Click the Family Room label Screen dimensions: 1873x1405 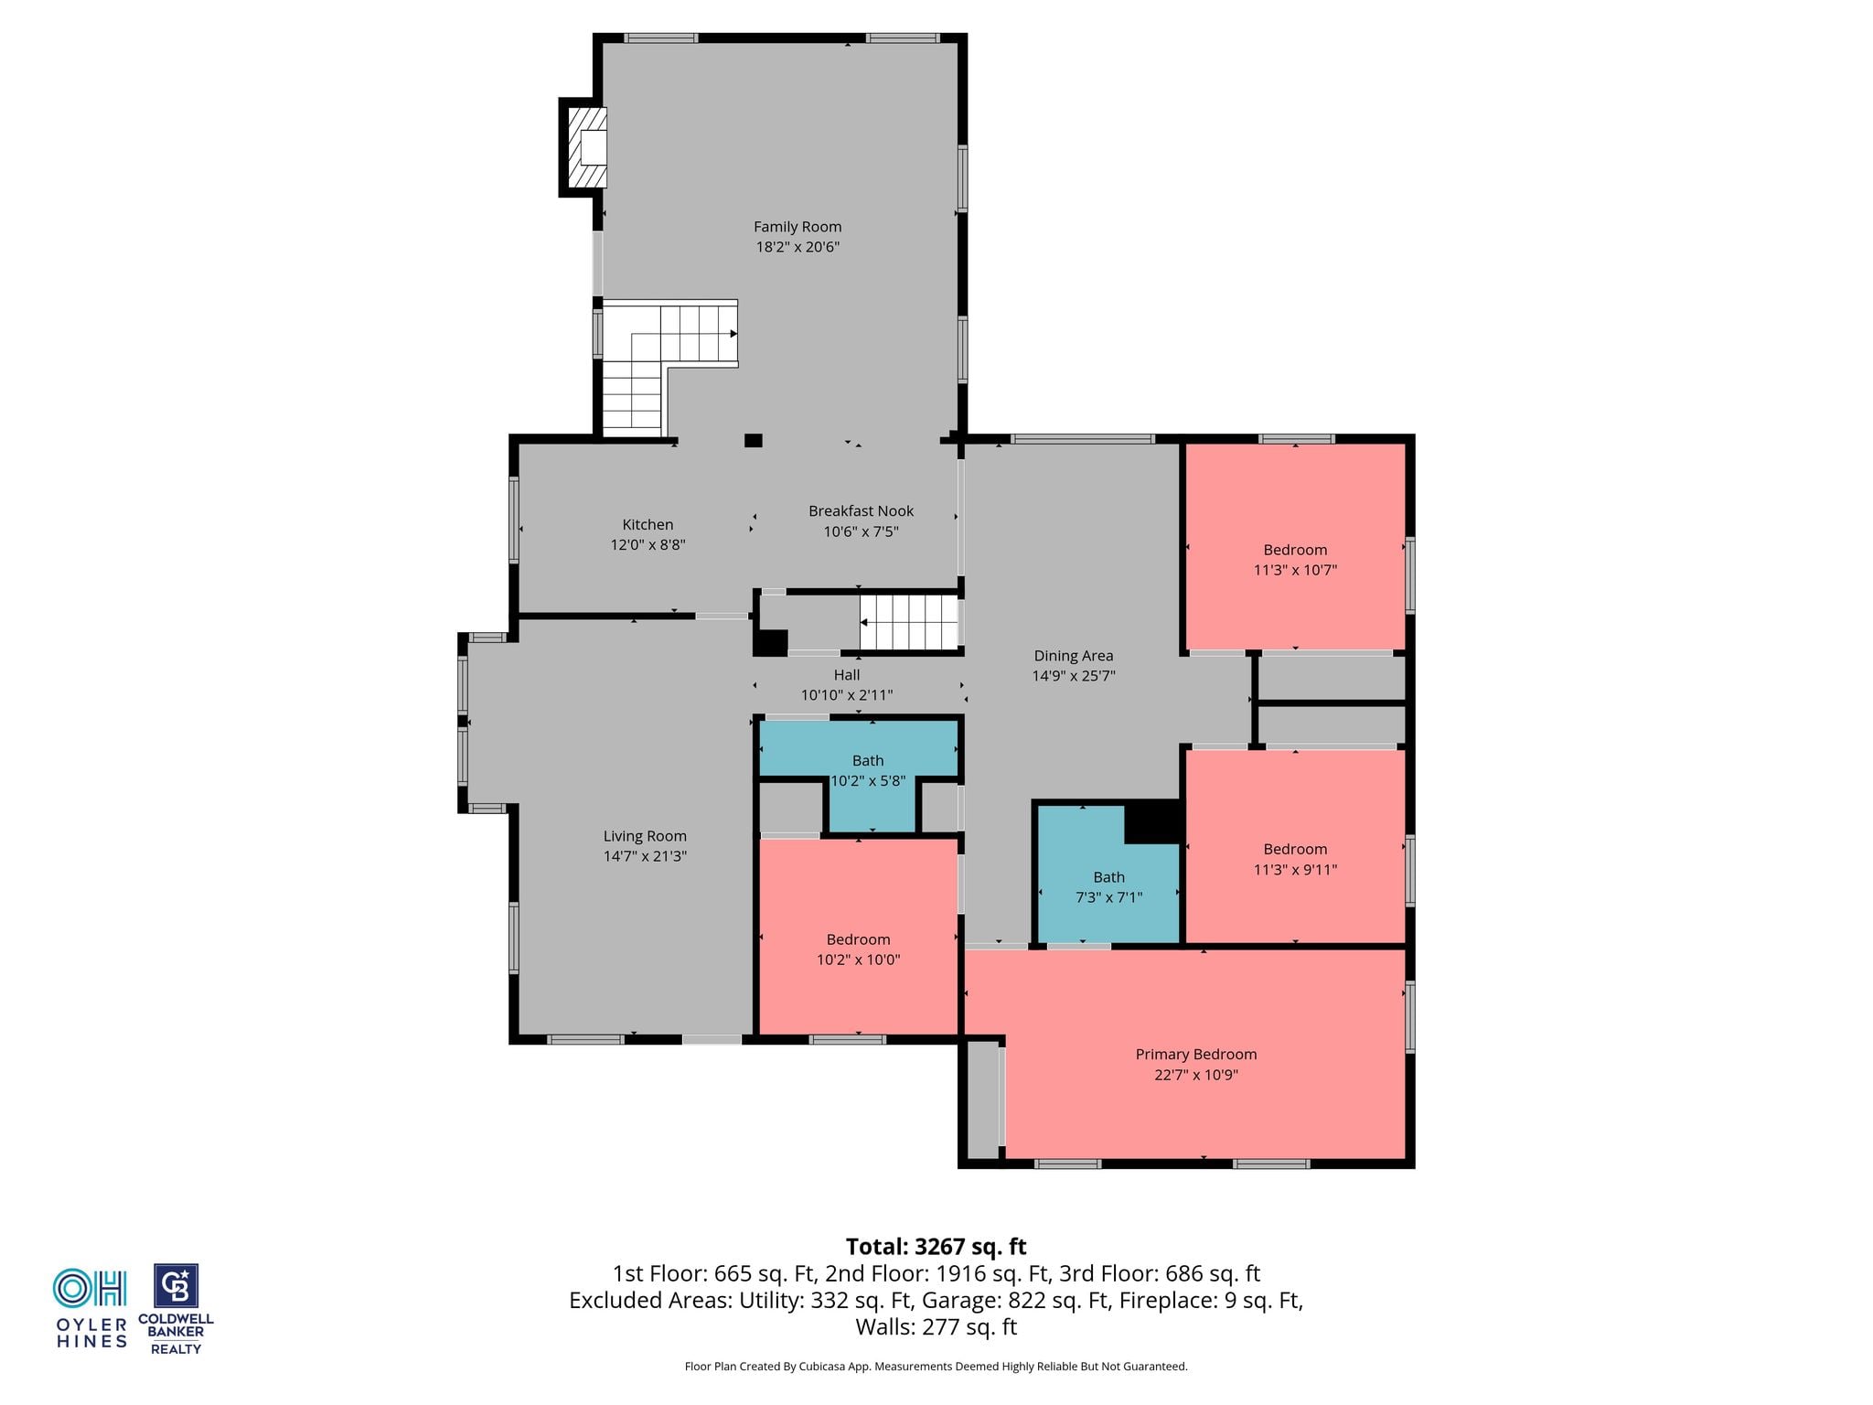(x=797, y=227)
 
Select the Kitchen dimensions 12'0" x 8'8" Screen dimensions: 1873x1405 (x=648, y=545)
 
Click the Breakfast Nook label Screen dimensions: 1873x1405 (x=861, y=511)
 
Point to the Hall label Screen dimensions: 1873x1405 (x=847, y=675)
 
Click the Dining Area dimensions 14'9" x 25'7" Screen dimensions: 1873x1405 (x=1074, y=676)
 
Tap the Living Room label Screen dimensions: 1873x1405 (x=645, y=836)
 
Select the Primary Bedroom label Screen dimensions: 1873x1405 (x=1196, y=1055)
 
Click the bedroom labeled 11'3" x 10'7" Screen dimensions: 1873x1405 (x=1295, y=547)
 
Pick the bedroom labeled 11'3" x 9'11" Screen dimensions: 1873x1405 (x=1295, y=846)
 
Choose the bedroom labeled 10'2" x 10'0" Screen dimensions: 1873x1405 (x=859, y=938)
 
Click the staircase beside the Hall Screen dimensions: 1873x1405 (x=908, y=622)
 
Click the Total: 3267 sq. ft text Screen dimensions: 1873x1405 (x=936, y=1247)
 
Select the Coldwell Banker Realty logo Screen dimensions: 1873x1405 (x=176, y=1309)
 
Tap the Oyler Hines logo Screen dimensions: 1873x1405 (x=91, y=1308)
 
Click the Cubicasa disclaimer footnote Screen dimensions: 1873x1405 (x=936, y=1367)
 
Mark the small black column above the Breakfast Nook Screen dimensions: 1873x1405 (x=753, y=440)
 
